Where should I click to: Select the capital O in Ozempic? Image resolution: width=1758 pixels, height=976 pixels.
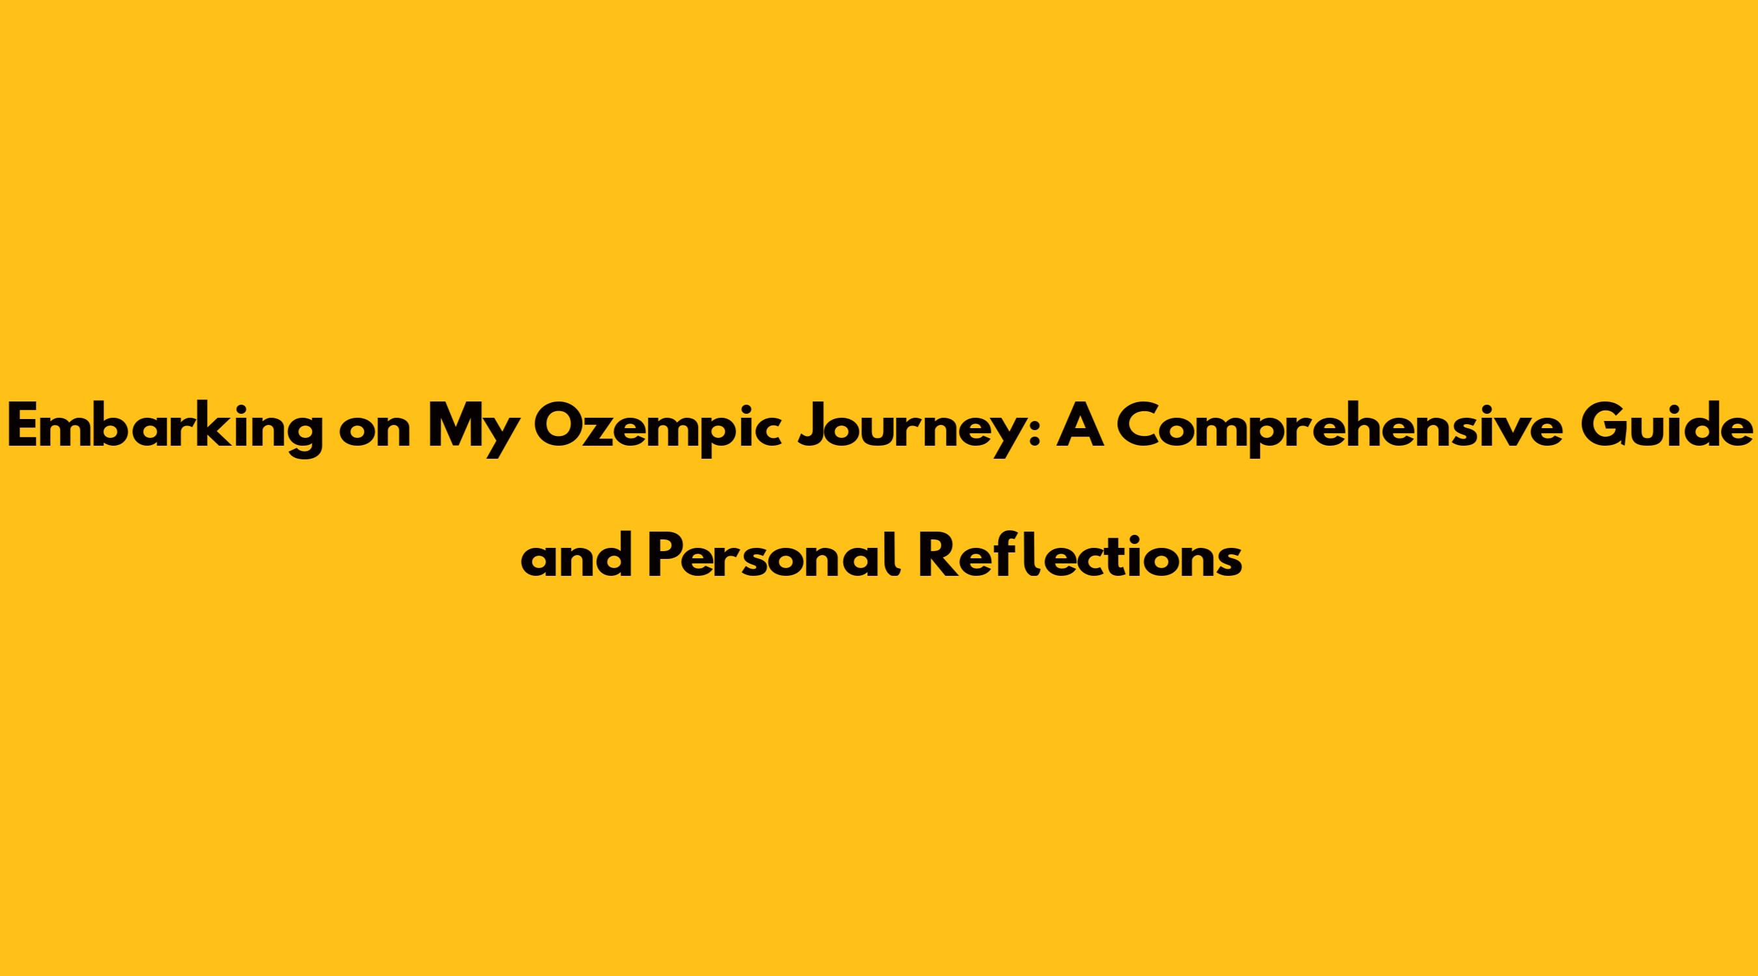tap(561, 426)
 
